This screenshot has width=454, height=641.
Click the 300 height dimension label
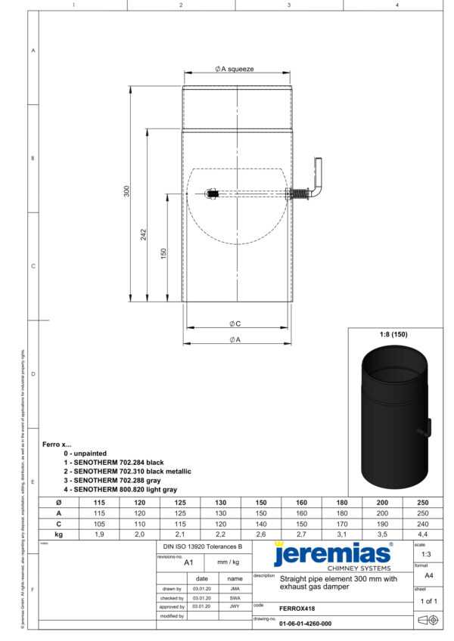coord(127,192)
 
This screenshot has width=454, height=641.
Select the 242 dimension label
coord(144,234)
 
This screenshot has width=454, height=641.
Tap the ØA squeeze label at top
coord(235,69)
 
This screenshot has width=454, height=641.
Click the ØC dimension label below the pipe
coord(235,324)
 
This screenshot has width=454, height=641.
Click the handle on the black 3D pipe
coord(428,428)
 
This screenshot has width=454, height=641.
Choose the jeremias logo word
coord(332,554)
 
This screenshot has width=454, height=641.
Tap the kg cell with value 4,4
coord(422,534)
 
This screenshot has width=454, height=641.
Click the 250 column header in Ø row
coord(422,502)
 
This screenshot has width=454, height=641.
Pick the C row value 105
coord(99,523)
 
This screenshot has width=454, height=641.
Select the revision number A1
coord(189,562)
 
